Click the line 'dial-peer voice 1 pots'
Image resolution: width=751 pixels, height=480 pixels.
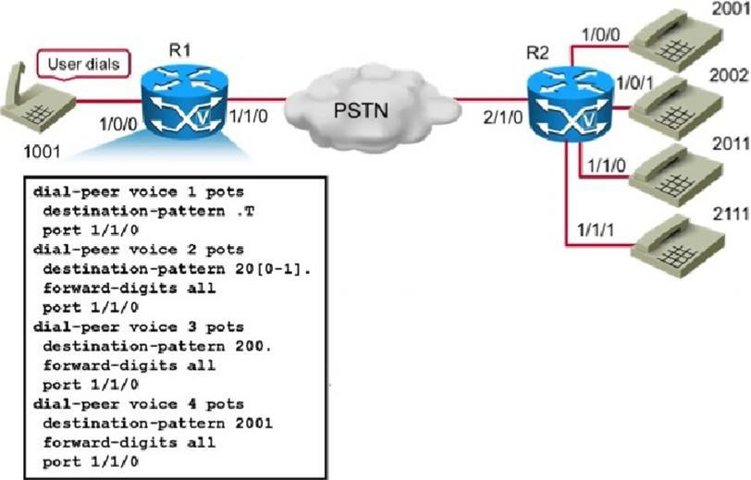coord(138,191)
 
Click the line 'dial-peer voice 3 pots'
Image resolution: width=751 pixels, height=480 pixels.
coord(138,327)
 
